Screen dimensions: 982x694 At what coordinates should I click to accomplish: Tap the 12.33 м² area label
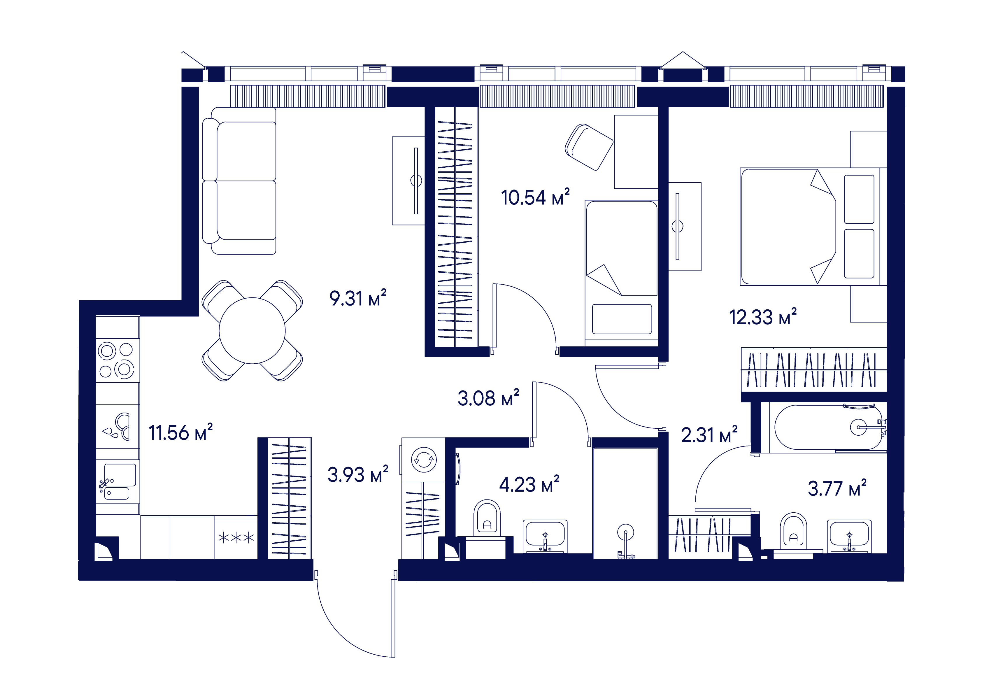(762, 317)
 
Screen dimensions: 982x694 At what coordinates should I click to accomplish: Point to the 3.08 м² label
(488, 398)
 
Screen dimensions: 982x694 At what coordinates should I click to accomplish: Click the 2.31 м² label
(709, 435)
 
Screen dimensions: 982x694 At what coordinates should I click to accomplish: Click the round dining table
(252, 330)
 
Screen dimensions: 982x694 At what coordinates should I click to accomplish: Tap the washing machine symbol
(423, 460)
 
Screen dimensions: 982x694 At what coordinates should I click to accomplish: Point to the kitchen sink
(117, 481)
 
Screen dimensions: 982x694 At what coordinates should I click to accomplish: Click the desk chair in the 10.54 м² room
(589, 147)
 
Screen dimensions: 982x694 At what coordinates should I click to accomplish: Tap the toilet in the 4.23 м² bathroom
(487, 519)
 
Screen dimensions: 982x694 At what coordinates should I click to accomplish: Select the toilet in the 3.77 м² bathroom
(793, 532)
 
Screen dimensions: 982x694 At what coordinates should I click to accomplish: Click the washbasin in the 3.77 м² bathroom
(849, 536)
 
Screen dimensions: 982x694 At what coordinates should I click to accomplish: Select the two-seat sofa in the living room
(239, 180)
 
